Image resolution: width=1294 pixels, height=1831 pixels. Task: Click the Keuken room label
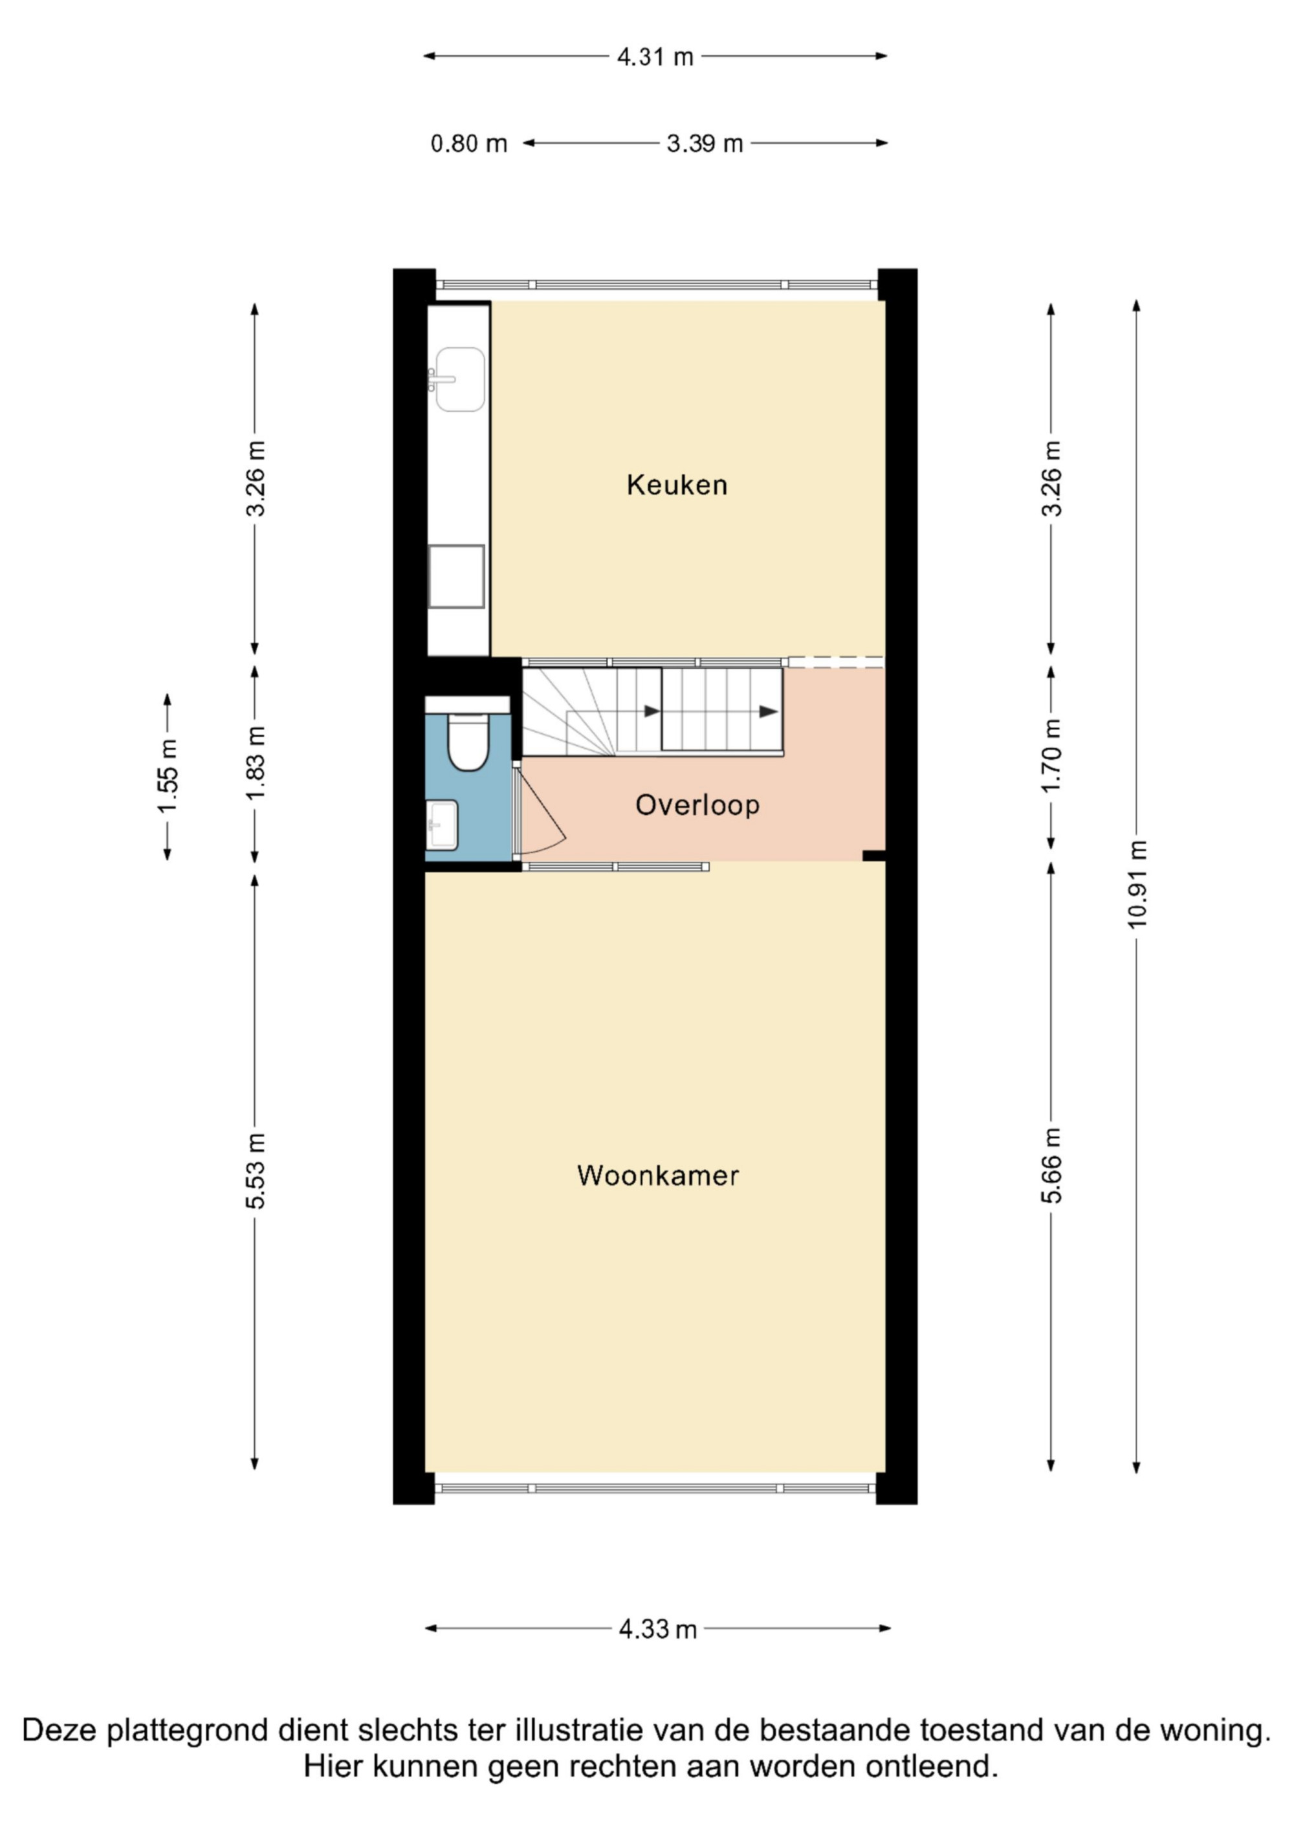(x=677, y=485)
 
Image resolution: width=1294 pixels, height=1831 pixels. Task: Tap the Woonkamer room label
(x=658, y=1175)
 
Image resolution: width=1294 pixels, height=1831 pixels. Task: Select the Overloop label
(x=697, y=805)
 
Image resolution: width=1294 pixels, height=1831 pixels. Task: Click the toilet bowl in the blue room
(x=467, y=742)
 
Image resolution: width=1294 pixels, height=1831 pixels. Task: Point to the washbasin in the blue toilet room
(x=442, y=825)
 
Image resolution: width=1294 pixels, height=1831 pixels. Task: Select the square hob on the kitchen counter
(x=456, y=577)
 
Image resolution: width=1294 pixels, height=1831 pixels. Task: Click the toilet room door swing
(x=542, y=810)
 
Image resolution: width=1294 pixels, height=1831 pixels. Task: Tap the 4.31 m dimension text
(x=655, y=56)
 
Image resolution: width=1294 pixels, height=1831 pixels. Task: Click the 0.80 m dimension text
(x=469, y=144)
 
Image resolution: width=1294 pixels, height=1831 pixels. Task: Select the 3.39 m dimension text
(x=705, y=144)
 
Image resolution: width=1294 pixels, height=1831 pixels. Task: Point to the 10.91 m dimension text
(x=1136, y=884)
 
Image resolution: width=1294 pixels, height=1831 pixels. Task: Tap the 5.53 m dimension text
(x=255, y=1171)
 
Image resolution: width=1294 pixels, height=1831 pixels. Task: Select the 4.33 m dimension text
(x=658, y=1628)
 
